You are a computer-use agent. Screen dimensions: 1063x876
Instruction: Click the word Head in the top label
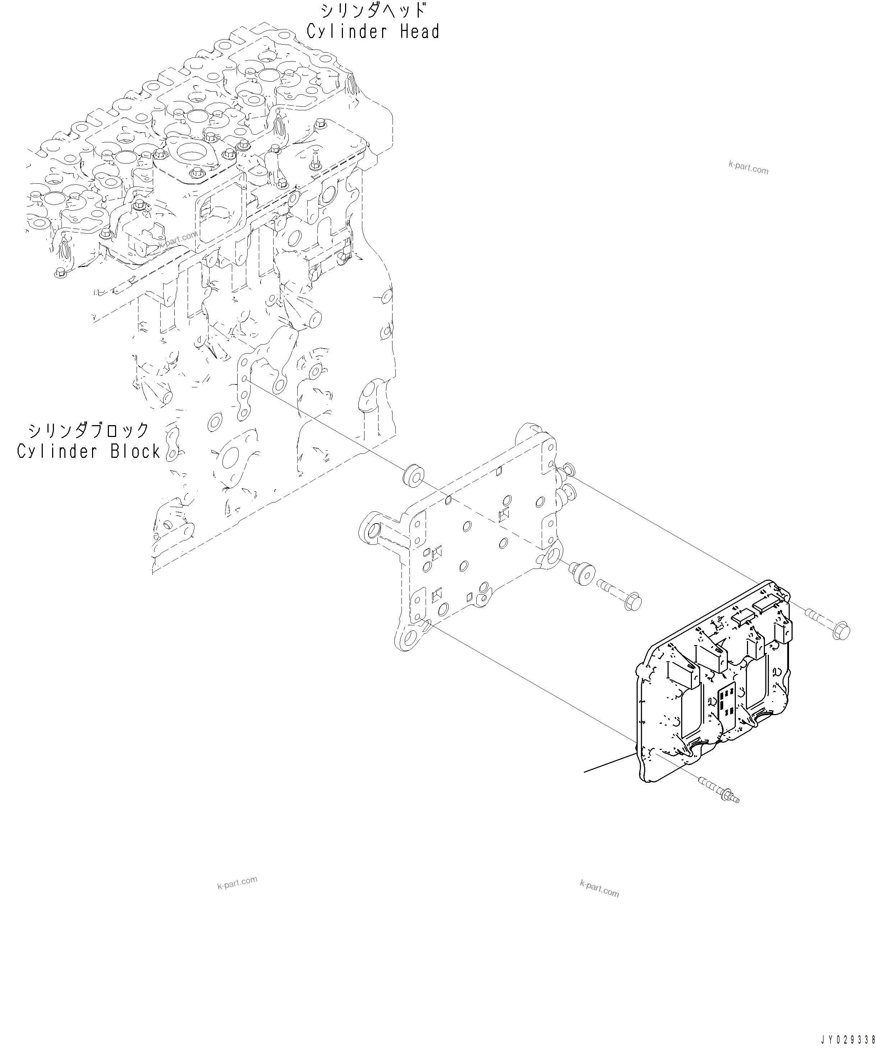[x=420, y=32]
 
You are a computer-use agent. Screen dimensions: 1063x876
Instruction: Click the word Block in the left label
[x=135, y=451]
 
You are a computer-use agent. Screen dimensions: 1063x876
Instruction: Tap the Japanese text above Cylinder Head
[x=373, y=10]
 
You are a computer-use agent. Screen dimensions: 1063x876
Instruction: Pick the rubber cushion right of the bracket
[x=582, y=574]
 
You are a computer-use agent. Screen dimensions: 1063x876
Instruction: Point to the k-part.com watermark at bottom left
[x=237, y=883]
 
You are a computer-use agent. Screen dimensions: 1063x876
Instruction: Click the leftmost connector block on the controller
[x=682, y=675]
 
